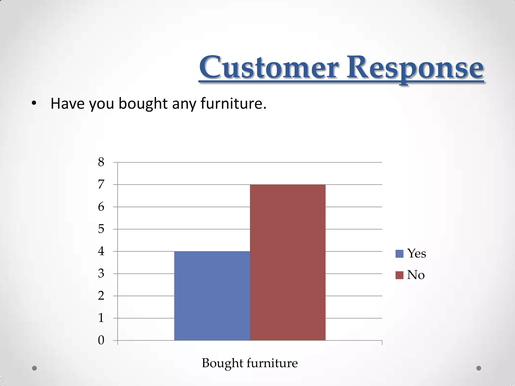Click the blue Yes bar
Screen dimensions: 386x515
(212, 296)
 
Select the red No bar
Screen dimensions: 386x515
(288, 262)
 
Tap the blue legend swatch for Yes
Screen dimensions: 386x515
(399, 254)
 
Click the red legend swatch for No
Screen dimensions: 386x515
(399, 275)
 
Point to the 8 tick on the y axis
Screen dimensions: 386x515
(101, 162)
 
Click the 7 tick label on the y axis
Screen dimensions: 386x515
(101, 185)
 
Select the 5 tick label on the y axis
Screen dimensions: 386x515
(101, 229)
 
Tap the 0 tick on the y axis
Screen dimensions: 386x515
(101, 341)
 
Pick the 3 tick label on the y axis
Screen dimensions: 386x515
(101, 274)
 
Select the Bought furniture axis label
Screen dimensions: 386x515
(250, 363)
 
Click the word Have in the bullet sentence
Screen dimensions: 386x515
(67, 104)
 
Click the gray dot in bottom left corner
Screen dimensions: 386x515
(34, 368)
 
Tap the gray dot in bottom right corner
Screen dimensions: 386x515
(479, 368)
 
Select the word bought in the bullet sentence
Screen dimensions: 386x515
(143, 104)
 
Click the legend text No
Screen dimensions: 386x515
(416, 275)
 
